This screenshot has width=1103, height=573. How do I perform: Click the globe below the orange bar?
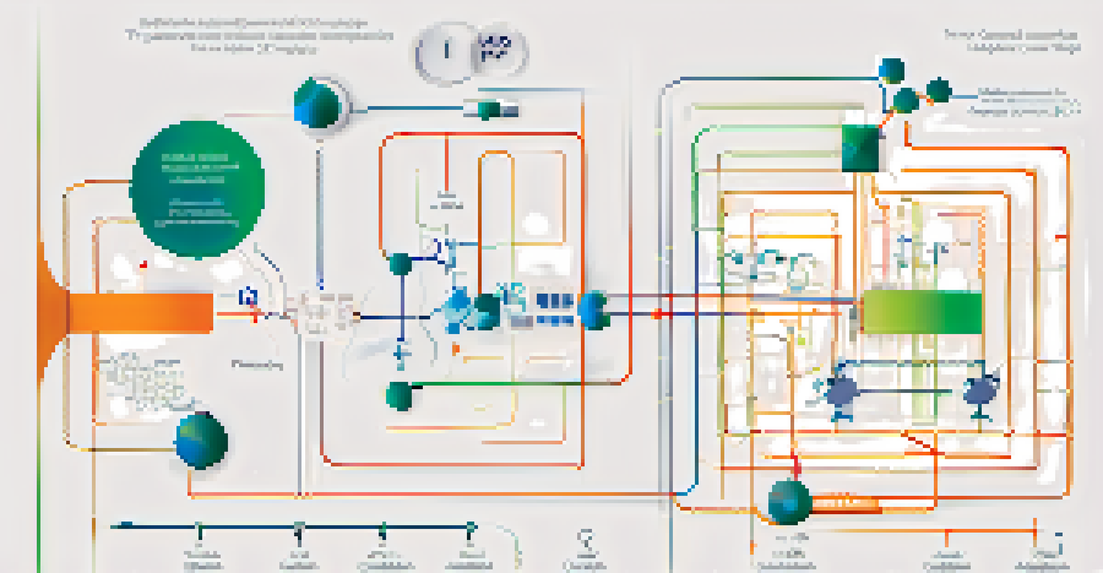coord(201,441)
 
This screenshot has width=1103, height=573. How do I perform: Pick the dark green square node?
coord(860,148)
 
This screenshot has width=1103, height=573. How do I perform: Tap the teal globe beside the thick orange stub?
coord(788,502)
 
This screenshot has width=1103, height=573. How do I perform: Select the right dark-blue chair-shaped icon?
coord(979,392)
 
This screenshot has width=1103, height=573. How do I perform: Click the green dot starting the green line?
coord(399,395)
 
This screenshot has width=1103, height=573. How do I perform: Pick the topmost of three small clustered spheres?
coord(891,70)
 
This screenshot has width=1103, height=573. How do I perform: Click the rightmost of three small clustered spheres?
coord(938,91)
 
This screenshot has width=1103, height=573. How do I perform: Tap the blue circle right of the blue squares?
coord(595,310)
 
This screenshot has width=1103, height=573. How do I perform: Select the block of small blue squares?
coord(554,309)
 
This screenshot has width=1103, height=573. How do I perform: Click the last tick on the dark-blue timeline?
coord(470,529)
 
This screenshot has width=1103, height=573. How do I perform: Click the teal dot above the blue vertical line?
coord(399,264)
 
